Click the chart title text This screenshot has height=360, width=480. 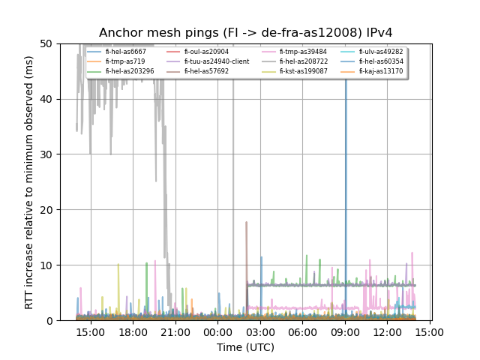click(246, 32)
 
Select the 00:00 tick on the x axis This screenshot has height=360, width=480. click(218, 332)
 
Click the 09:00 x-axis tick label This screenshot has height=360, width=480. click(346, 332)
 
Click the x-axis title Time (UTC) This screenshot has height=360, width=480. click(245, 347)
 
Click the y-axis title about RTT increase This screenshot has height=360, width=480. click(29, 182)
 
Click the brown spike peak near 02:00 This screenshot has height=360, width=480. click(246, 223)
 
